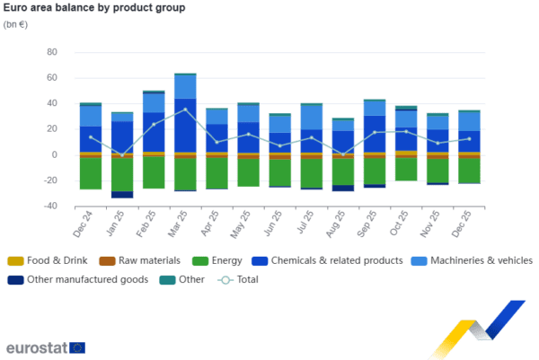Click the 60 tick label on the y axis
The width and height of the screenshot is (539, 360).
(x=51, y=52)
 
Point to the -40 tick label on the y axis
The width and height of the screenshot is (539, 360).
(x=49, y=206)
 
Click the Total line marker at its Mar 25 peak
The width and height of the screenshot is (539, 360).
(x=185, y=110)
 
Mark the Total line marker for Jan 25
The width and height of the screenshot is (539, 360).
(x=122, y=154)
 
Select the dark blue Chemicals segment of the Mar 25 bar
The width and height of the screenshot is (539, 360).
(x=185, y=126)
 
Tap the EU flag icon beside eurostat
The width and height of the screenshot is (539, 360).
(x=77, y=347)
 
